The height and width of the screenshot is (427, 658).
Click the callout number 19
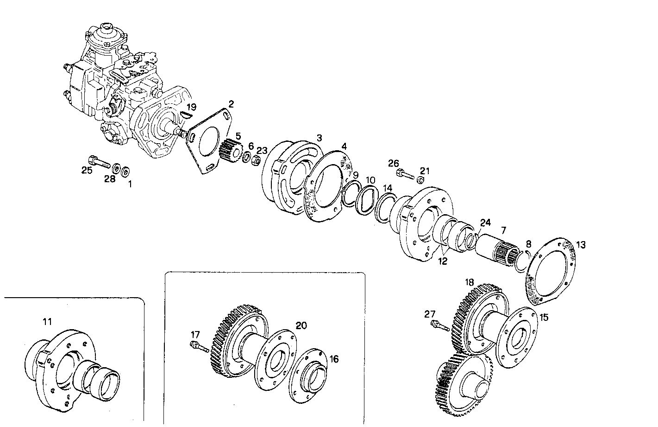(192, 107)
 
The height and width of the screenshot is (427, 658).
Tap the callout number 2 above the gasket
(231, 103)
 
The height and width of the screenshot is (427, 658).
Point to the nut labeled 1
(125, 172)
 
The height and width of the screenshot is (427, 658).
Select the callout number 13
(581, 245)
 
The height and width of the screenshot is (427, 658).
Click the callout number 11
(47, 321)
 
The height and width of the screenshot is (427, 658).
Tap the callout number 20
(301, 325)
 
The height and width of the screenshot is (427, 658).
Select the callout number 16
(334, 359)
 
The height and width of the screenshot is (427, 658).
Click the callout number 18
(470, 282)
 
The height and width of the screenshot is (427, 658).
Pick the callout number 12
(443, 261)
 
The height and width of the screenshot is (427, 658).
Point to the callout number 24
(485, 223)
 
